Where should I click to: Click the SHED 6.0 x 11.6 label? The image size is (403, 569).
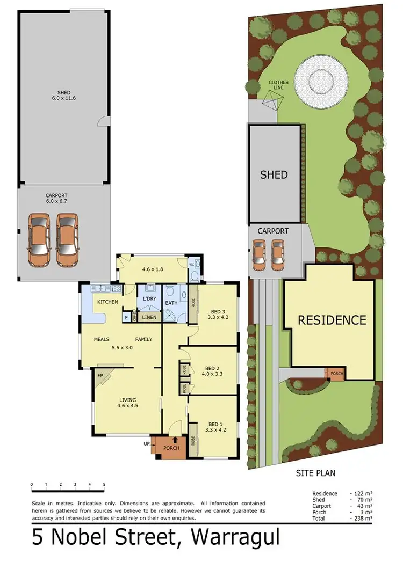(64, 96)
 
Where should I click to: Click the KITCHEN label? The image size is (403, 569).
(107, 302)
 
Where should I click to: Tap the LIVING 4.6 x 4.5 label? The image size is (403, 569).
(128, 403)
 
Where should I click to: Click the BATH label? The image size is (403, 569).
(171, 303)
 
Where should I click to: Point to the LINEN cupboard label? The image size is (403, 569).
(149, 318)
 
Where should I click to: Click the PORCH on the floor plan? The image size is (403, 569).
(171, 448)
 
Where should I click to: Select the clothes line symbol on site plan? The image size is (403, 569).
(273, 100)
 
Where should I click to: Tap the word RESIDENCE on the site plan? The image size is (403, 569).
(332, 320)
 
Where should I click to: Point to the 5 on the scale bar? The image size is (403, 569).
(104, 484)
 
